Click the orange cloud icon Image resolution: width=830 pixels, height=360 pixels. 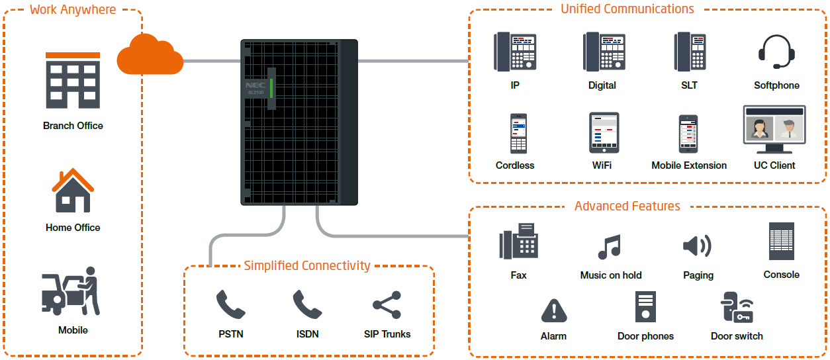click(x=150, y=54)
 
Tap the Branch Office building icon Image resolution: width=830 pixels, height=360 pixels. click(x=73, y=80)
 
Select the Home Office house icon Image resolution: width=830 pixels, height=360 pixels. click(x=73, y=191)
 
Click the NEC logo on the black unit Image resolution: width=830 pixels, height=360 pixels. click(x=255, y=85)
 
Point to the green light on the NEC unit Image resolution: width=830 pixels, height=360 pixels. click(x=271, y=88)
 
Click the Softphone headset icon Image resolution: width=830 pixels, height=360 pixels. click(x=776, y=52)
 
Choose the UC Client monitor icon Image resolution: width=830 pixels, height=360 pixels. click(x=774, y=129)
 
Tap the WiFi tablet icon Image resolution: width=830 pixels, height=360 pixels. click(x=604, y=132)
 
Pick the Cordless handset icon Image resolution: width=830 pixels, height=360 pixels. click(x=518, y=133)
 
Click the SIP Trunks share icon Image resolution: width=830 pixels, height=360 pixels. click(x=387, y=305)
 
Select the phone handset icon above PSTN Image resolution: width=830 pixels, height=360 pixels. click(x=230, y=304)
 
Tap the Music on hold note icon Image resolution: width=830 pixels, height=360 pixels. click(x=610, y=247)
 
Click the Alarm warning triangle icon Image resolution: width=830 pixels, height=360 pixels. click(x=554, y=310)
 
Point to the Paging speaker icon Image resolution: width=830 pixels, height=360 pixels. click(x=697, y=246)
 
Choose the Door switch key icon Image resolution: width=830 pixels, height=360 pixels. click(x=737, y=307)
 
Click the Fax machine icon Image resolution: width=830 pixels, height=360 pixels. click(x=518, y=241)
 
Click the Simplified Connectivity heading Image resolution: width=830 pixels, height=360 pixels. click(x=307, y=265)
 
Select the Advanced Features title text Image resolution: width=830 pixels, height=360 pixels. click(x=627, y=206)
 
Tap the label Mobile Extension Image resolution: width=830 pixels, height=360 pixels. click(x=689, y=165)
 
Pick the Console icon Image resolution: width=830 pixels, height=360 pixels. click(x=782, y=241)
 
